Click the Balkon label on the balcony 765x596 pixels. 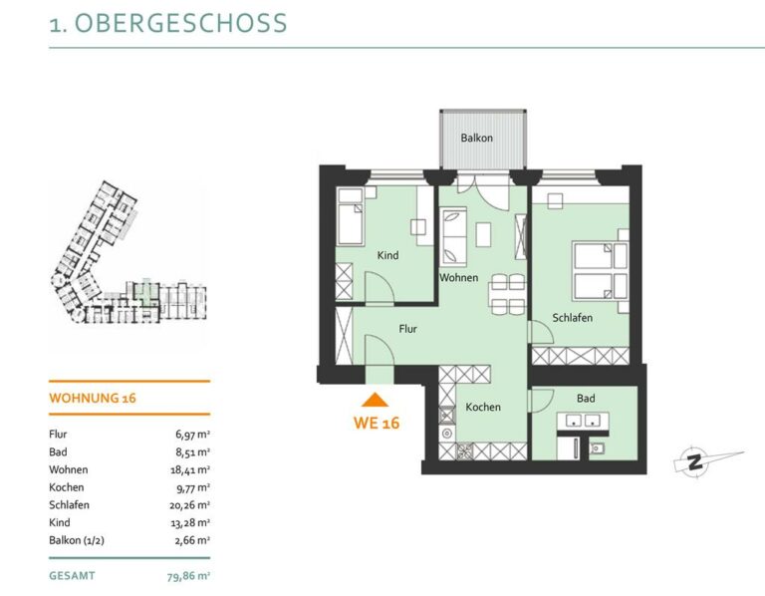pos(477,139)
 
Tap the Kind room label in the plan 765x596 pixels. pos(387,255)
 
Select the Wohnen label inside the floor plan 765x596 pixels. pos(458,278)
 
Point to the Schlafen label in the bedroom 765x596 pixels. pos(573,318)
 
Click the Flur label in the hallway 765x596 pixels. pos(407,329)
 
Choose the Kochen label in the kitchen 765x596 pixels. pos(483,407)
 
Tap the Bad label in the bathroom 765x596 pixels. pos(586,399)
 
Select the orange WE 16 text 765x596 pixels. pos(377,423)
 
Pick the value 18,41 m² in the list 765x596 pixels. pos(190,470)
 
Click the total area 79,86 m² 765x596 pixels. pos(188,576)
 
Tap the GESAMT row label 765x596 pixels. pos(72,575)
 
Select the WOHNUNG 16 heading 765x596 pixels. pos(93,398)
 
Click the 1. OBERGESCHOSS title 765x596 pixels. pos(167,23)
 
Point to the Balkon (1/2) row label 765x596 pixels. pos(77,540)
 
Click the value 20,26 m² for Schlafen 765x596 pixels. pos(190,505)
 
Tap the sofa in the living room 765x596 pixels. pos(454,237)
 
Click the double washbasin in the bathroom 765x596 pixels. pos(583,421)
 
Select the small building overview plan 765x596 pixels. pos(128,252)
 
